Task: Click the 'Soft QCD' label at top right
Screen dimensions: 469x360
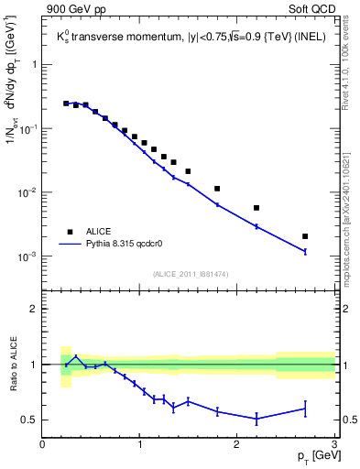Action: click(312, 10)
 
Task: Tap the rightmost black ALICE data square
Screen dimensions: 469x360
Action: click(305, 236)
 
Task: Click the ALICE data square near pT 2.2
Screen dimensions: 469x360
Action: click(256, 208)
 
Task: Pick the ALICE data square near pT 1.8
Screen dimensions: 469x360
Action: click(217, 189)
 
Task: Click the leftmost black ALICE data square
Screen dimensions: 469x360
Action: click(66, 104)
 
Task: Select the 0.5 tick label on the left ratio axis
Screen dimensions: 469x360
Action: click(29, 420)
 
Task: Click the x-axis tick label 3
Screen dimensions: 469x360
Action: click(334, 446)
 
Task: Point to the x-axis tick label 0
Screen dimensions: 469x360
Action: click(42, 446)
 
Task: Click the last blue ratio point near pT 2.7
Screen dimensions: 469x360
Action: click(305, 409)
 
